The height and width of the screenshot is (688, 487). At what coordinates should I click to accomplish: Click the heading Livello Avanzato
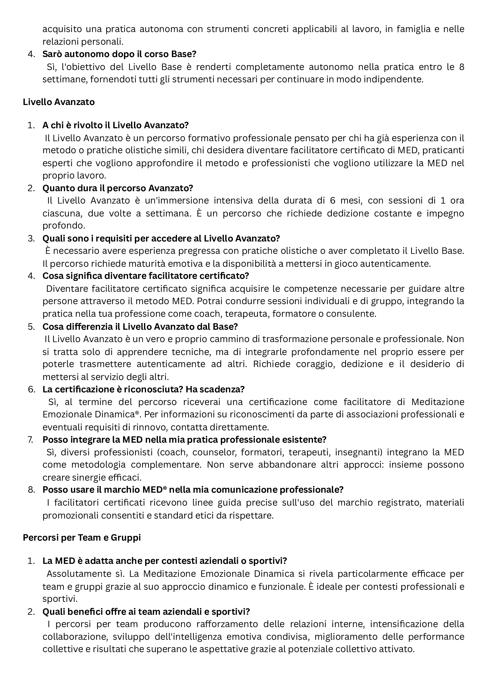[x=59, y=102]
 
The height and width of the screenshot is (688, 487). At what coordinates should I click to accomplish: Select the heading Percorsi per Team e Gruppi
[x=82, y=538]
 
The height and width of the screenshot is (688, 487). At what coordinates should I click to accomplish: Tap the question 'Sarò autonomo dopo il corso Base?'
[x=119, y=54]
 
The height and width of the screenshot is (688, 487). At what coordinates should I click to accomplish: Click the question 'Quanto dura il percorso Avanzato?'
[x=117, y=188]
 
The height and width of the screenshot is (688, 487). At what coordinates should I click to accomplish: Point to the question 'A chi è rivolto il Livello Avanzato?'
[x=115, y=125]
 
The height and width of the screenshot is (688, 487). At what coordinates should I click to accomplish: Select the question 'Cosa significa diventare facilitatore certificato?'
[x=146, y=276]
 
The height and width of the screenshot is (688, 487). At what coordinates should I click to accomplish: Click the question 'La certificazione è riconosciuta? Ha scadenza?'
[x=143, y=389]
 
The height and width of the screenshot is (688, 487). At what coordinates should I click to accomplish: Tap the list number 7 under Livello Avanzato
[x=31, y=439]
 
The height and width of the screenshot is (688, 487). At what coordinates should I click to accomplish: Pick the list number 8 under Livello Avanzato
[x=31, y=490]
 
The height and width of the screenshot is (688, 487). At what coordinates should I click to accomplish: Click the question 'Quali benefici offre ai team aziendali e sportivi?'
[x=146, y=612]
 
